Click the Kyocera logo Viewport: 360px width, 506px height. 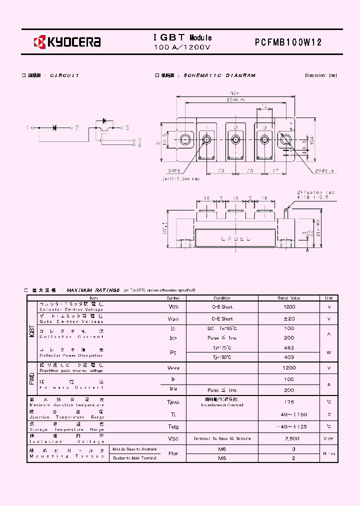coord(67,42)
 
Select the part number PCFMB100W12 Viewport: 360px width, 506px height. coord(288,42)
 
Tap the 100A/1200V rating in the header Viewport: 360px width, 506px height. coord(182,47)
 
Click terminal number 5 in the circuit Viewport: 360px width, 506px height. coord(139,139)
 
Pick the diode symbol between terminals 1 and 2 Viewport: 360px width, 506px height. coord(55,128)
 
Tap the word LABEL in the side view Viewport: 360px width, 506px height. coord(235,239)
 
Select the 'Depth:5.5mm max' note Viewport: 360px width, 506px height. coord(181,178)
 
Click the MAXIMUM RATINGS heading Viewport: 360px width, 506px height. coord(93,290)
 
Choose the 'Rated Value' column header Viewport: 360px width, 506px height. coord(289,297)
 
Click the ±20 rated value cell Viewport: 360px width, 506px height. coord(289,318)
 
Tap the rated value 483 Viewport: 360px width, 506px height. coord(289,347)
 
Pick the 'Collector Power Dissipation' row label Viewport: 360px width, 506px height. coord(71,355)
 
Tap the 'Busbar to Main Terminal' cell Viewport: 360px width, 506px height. coord(134,458)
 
